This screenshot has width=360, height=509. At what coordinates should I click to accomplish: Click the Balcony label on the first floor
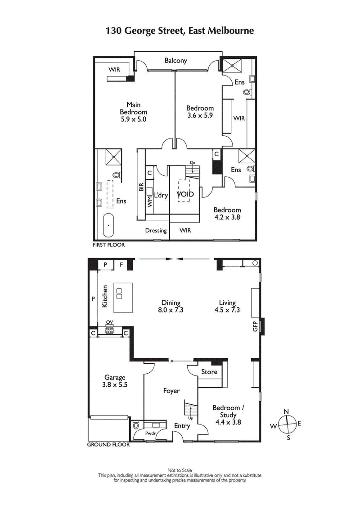point(175,61)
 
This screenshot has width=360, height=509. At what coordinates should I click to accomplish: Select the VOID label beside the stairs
point(185,194)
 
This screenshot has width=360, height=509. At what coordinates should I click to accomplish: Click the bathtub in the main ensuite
point(109,225)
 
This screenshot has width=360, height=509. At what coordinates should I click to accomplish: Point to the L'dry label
point(161,196)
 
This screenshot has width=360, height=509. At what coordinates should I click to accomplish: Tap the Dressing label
point(156,231)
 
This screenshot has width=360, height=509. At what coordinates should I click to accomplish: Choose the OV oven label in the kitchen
point(109,322)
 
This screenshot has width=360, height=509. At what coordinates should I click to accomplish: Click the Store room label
point(209,372)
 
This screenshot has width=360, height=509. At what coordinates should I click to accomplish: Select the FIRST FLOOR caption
point(108,245)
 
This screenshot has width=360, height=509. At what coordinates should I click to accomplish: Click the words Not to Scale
point(180,470)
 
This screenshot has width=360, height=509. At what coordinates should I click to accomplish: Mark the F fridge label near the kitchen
point(121,264)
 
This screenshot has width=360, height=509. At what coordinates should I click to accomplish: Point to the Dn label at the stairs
point(192,162)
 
